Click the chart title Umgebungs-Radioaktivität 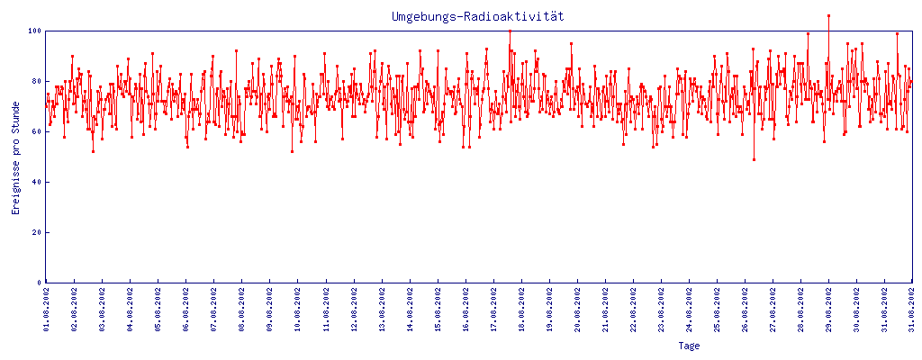coord(478,17)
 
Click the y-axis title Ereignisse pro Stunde coord(15,171)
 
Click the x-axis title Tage coord(689,346)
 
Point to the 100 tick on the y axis coord(33,31)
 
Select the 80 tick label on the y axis coord(36,81)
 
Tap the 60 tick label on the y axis coord(36,131)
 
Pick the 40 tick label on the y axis coord(36,182)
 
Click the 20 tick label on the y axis coord(36,232)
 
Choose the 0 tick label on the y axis coord(39,283)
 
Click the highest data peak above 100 coord(828,15)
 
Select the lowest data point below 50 coord(754,159)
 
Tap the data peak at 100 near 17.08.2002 coord(510,31)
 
